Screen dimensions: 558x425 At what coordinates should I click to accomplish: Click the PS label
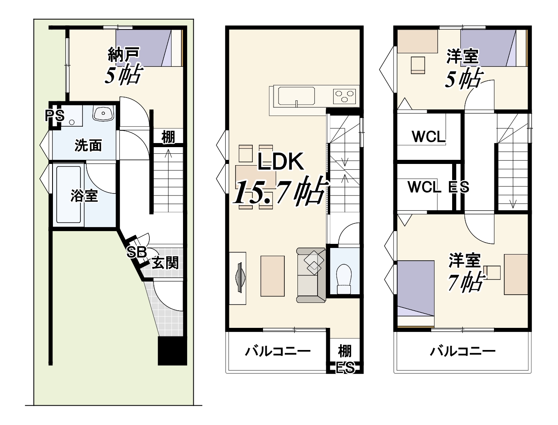pos(55,116)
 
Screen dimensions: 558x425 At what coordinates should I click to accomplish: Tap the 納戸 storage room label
pos(124,54)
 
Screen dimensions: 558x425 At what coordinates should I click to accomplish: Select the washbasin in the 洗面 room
pos(103,113)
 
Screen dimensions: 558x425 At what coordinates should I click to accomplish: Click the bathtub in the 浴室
pos(69,194)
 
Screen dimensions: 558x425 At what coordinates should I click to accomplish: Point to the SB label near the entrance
pos(137,252)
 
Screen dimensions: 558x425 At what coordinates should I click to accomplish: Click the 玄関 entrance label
pos(165,263)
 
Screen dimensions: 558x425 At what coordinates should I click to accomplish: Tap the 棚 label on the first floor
pos(168,137)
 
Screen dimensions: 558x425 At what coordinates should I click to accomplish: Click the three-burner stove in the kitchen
pos(345,96)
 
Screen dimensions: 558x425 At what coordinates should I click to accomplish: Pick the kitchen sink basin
pos(296,96)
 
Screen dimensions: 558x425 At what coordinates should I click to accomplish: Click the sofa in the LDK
pos(311,275)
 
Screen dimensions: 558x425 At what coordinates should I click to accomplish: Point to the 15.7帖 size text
pos(280,192)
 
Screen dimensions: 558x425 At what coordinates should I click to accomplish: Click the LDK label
pos(281,161)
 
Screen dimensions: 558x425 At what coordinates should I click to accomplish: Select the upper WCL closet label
pos(429,136)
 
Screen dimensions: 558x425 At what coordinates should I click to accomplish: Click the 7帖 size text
pos(465,282)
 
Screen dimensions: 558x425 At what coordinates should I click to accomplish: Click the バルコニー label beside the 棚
pos(278,352)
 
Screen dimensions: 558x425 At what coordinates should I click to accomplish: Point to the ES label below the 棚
pos(345,368)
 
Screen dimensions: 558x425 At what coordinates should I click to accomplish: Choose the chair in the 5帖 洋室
pos(418,65)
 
